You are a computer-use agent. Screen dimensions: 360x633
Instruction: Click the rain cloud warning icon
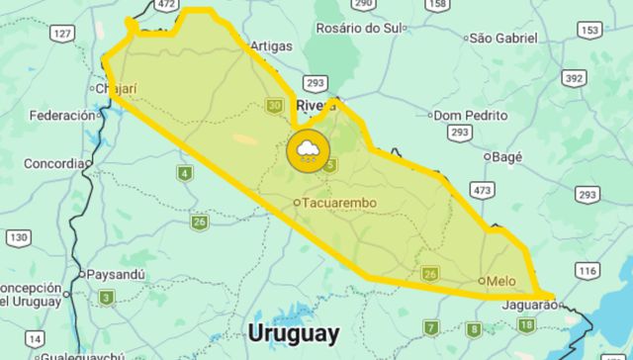click(308, 151)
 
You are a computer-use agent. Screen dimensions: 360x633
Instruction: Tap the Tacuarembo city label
click(340, 203)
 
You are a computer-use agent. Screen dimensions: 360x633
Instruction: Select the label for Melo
click(501, 280)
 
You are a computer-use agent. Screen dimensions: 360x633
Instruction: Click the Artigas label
click(272, 45)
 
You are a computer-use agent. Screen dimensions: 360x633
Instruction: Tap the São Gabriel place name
click(503, 39)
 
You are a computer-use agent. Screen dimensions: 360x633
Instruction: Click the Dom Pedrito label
click(470, 115)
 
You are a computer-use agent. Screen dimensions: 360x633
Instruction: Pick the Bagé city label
click(506, 156)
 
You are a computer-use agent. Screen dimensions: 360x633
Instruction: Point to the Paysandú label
click(116, 273)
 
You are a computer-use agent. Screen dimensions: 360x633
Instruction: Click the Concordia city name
click(53, 163)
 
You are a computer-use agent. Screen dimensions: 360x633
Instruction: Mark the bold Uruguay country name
click(294, 332)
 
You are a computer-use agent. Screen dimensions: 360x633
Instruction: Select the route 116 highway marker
click(588, 270)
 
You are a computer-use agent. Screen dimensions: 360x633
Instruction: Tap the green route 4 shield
click(185, 174)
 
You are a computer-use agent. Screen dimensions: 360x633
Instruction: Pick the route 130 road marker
click(18, 237)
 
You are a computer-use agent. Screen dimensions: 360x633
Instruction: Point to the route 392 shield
click(574, 77)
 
